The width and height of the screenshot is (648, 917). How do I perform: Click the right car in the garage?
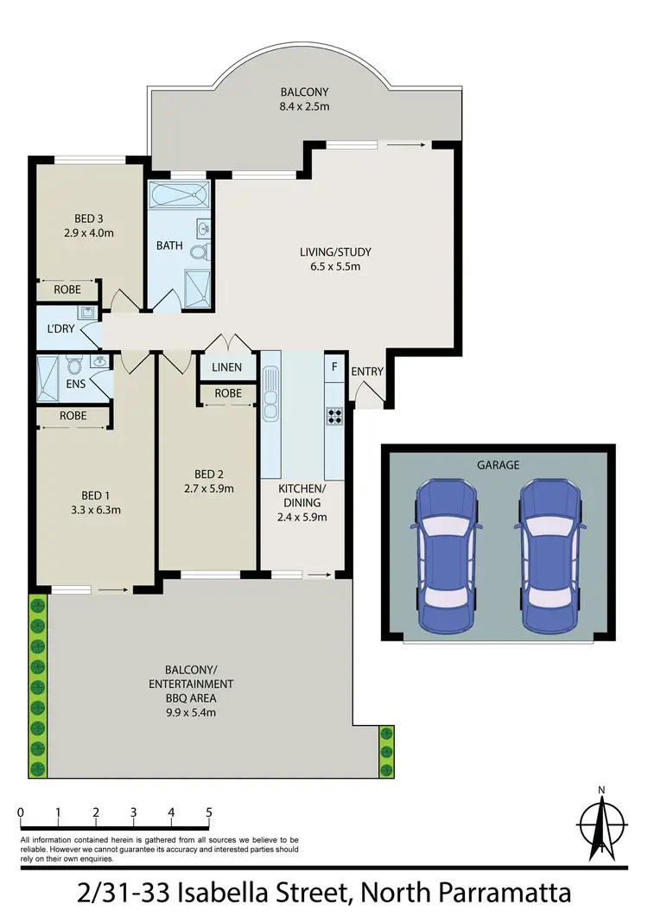coord(550,555)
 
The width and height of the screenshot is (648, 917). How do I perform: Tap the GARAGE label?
coord(499,465)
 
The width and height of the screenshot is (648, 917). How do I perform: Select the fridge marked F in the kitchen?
coord(334,366)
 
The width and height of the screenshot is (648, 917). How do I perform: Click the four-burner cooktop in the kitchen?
coord(334,417)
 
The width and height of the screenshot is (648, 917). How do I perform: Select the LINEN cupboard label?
coord(226,368)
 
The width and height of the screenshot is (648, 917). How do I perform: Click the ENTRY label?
coord(366,372)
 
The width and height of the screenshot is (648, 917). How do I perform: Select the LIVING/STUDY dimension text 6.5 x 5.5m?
coord(335,266)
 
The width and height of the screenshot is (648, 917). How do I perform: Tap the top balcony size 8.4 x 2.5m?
coord(304,106)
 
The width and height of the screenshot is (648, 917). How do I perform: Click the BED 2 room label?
coord(209,474)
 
